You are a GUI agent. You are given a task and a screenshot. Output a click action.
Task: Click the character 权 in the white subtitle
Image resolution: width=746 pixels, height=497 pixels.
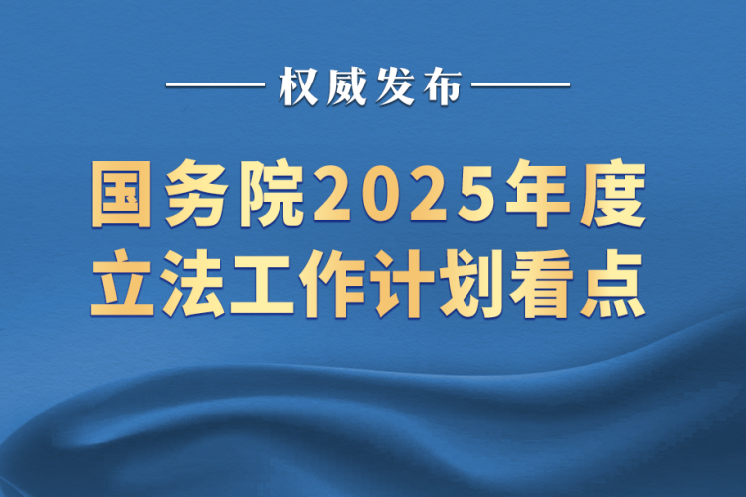(298, 86)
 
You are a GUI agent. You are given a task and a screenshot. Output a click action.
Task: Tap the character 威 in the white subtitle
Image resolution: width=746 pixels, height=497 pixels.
(346, 86)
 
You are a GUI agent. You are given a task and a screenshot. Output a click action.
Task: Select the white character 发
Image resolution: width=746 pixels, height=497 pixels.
(395, 86)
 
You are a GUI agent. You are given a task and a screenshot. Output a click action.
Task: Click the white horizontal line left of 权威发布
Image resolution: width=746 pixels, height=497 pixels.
(215, 85)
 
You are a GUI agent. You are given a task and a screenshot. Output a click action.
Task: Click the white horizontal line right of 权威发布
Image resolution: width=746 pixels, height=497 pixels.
(520, 85)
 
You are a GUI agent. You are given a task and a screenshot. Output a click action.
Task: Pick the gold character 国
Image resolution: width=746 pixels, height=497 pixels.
(120, 194)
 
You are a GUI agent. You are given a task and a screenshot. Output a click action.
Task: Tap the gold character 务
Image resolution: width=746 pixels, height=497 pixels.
(196, 194)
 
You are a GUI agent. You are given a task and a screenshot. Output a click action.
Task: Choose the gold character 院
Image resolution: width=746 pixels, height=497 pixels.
(272, 194)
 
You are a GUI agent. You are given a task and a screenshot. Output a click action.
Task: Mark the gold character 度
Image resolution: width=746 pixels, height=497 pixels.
(614, 194)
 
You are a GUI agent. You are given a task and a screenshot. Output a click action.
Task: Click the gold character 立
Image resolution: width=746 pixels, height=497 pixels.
(122, 283)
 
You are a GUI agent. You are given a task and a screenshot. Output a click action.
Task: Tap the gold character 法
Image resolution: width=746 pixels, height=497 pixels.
(192, 283)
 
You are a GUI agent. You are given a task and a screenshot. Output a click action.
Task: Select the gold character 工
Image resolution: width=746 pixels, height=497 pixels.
(263, 284)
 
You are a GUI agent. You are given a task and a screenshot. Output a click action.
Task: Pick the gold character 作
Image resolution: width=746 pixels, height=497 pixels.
(332, 283)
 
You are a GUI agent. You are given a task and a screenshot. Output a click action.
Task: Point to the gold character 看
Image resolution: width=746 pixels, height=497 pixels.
(542, 283)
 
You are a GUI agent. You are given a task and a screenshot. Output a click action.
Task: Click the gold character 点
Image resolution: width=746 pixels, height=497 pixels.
(613, 283)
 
